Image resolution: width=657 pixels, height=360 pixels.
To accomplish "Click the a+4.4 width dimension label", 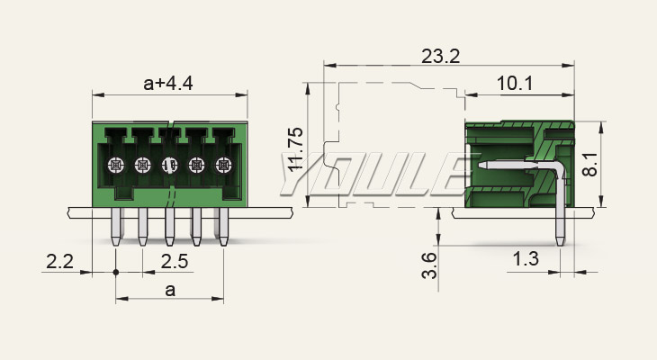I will coord(169,84).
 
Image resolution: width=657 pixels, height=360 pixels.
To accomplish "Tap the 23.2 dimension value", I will coord(440,56).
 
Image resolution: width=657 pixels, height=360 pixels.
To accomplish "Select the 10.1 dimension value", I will coord(515,84).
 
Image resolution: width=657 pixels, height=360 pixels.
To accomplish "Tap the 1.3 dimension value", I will coord(526,260).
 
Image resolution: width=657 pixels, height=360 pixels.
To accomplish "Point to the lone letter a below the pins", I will coord(170,290).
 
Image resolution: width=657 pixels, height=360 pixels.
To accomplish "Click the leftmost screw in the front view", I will coord(115,166).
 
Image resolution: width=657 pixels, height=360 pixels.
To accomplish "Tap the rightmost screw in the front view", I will coord(222,166).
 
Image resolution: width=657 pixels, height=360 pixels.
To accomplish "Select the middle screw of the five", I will coord(169,166).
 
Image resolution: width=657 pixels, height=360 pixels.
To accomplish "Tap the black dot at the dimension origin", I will coord(116,272).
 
